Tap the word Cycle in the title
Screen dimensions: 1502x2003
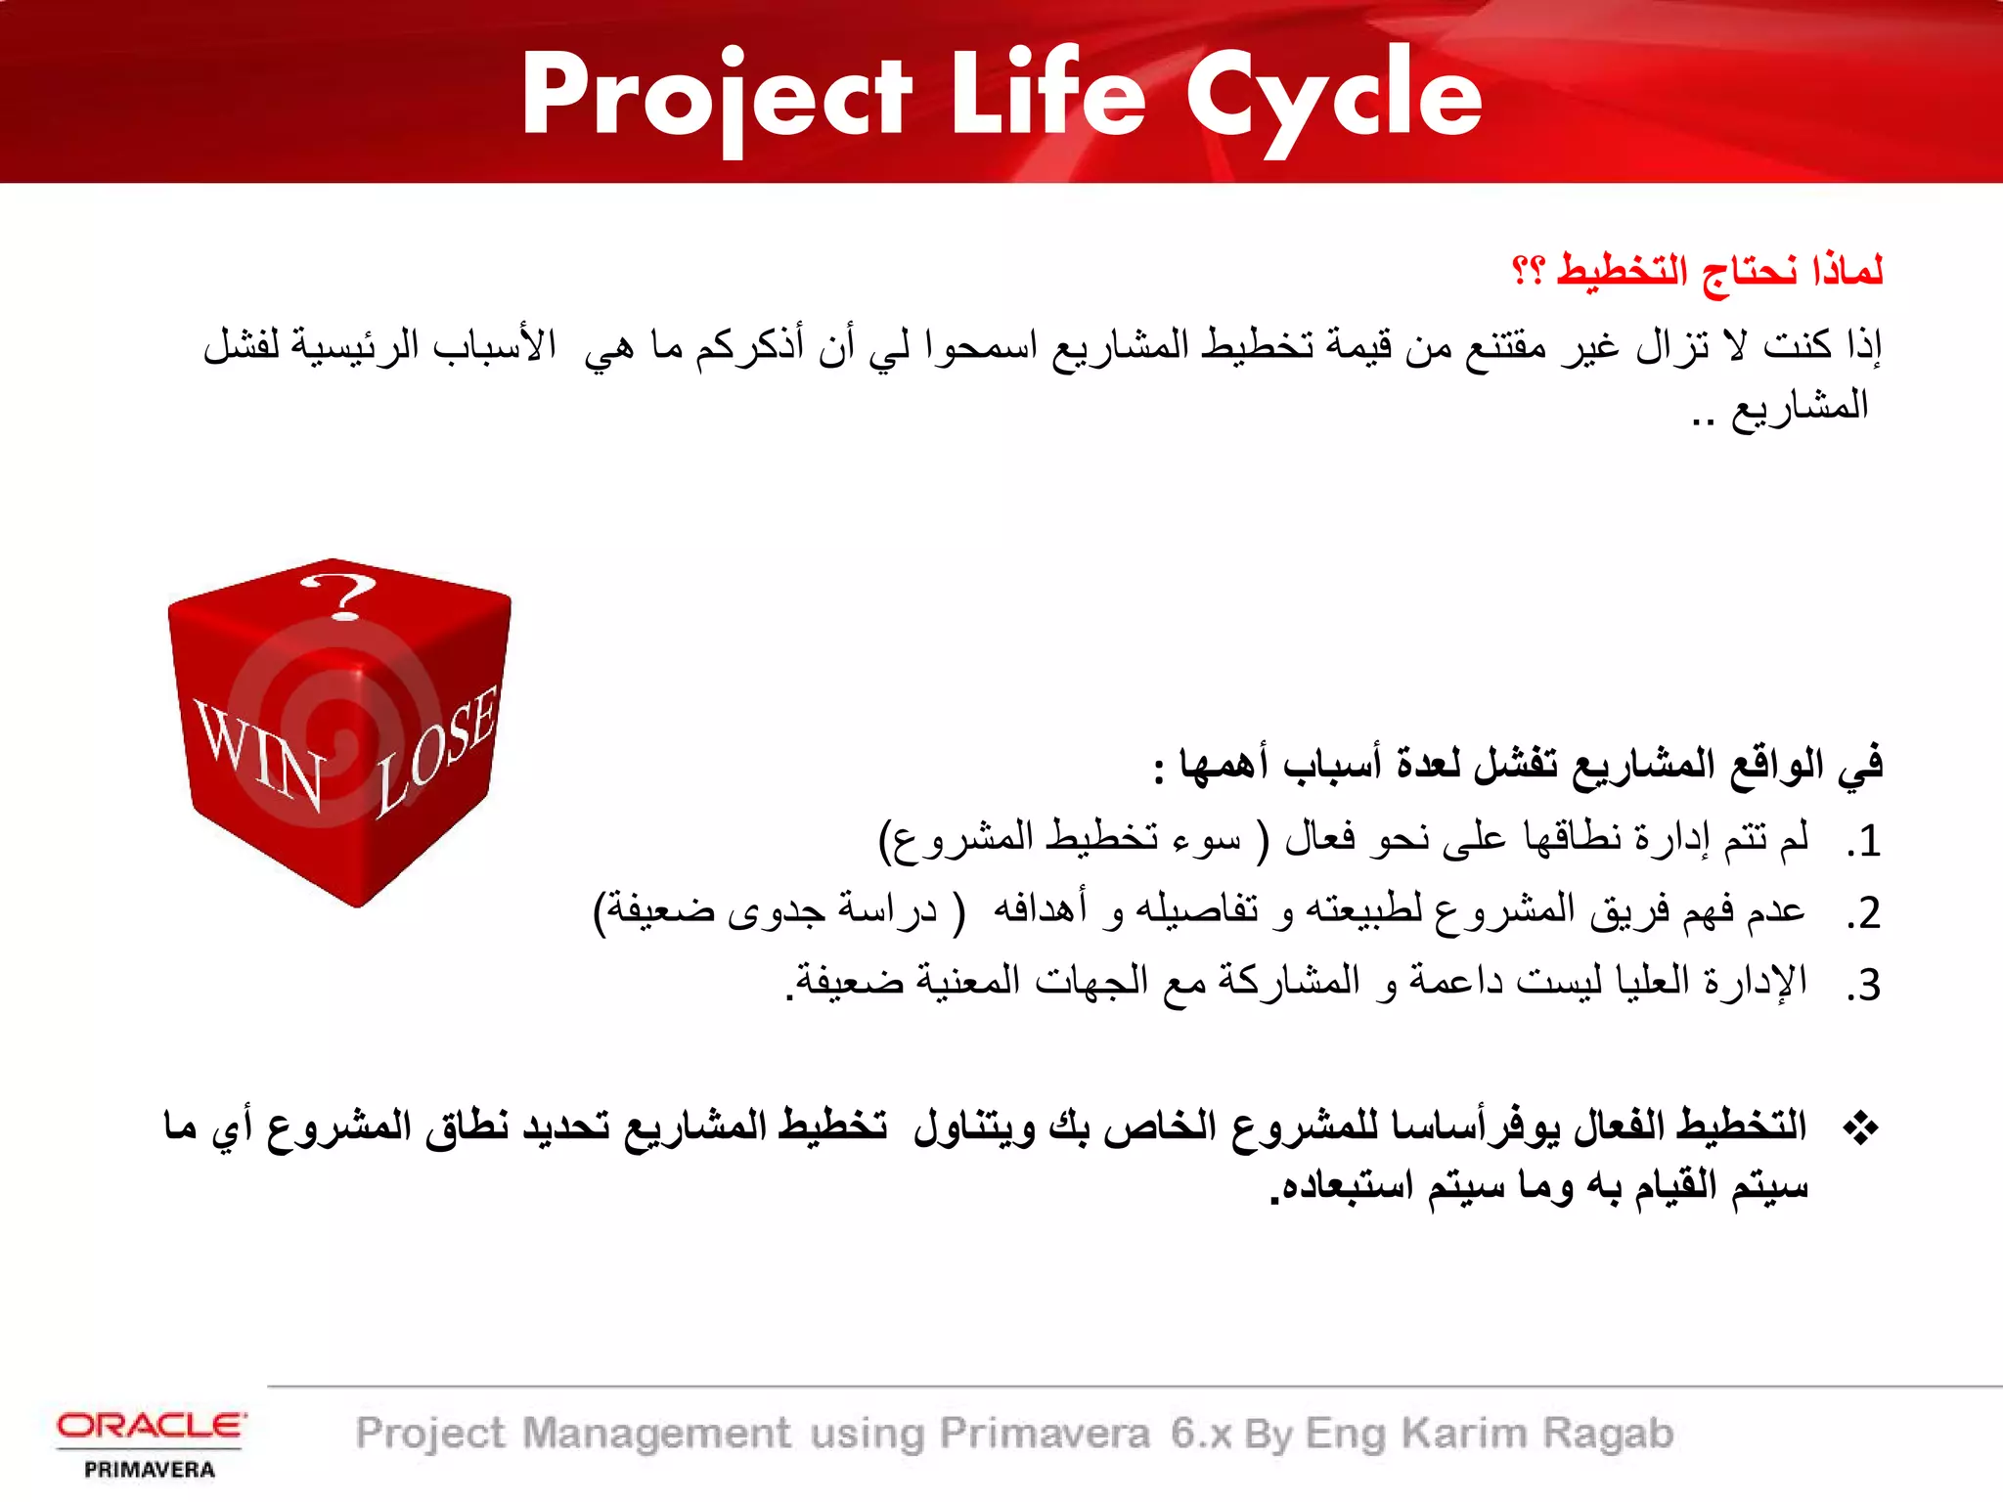[x=1334, y=98]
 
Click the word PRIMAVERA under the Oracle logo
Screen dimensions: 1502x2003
[x=150, y=1470]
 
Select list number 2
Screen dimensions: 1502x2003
[x=1864, y=913]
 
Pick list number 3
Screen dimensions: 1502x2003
[x=1864, y=985]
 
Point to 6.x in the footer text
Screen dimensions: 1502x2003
[x=1201, y=1434]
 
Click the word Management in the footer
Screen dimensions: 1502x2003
[x=656, y=1434]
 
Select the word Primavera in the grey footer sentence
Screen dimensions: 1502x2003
[x=1045, y=1434]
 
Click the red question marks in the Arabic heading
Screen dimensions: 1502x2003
[x=1528, y=269]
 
